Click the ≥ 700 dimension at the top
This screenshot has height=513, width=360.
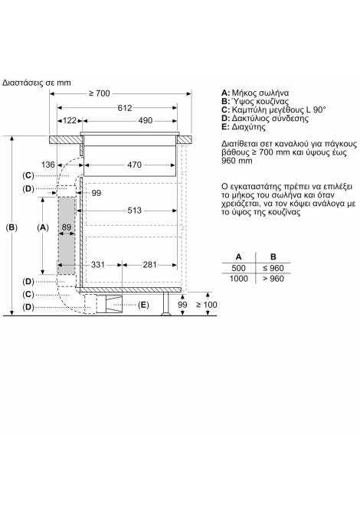[100, 93]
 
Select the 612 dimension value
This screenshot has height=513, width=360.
[125, 108]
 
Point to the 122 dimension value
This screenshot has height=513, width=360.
[70, 121]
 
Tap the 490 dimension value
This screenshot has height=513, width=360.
[145, 121]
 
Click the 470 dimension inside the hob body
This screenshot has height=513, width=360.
[135, 165]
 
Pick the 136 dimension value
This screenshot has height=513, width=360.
[48, 165]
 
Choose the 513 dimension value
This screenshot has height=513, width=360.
[135, 211]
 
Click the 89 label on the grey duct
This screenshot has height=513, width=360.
[67, 227]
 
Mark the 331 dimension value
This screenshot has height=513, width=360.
[98, 265]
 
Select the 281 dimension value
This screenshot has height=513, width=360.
[149, 265]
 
